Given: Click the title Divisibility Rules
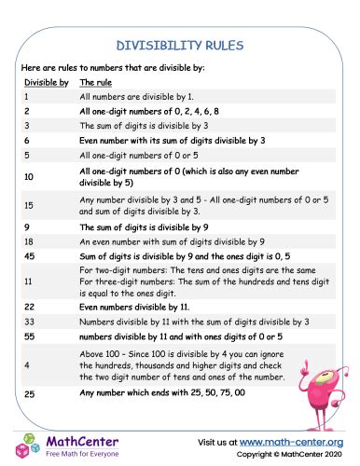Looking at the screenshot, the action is pos(180,44).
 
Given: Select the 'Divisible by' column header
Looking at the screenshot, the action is pos(46,82).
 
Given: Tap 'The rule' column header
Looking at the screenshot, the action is pos(97,82).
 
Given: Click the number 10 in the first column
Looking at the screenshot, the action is pos(29,175).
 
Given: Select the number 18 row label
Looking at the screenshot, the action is pos(29,239).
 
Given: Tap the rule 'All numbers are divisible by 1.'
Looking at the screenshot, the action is pos(136,96).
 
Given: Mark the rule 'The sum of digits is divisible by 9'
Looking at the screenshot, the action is pos(144,225).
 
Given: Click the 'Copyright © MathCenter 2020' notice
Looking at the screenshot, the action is pos(285,455).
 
